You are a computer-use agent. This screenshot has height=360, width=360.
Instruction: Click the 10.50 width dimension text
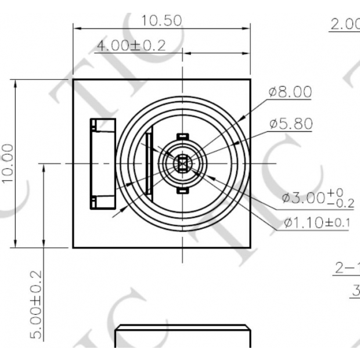tap(161, 20)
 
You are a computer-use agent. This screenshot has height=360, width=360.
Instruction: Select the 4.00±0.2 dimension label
tap(131, 45)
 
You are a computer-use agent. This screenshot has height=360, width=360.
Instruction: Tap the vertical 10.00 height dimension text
tap(7, 163)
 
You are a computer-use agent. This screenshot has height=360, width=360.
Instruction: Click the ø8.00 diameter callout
tap(290, 92)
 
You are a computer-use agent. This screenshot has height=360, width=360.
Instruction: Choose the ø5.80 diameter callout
tap(290, 124)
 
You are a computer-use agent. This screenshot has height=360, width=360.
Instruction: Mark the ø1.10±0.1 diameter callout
tap(316, 222)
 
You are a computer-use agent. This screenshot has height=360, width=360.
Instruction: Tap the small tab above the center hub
tap(182, 136)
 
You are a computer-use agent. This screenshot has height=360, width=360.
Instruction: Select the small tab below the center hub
tap(182, 190)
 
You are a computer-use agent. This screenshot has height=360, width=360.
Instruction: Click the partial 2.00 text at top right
tap(345, 24)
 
